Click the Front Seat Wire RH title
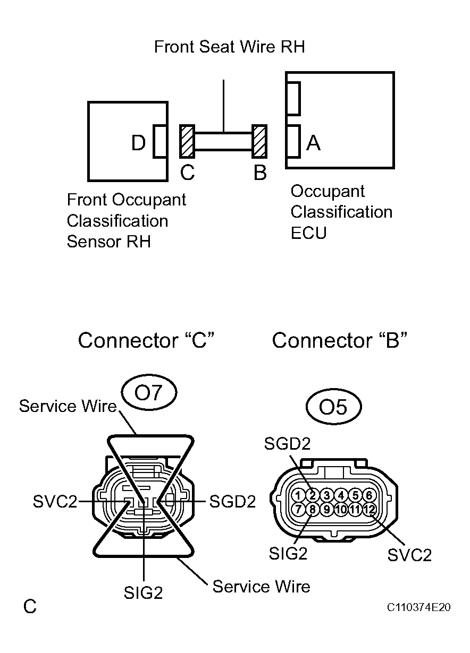tap(229, 47)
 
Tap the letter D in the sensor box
tap(138, 142)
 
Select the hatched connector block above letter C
tap(187, 141)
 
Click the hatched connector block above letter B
tap(259, 141)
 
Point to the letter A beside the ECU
tap(314, 142)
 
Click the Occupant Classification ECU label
tap(341, 212)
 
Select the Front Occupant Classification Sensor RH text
tap(126, 220)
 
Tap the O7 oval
tap(148, 393)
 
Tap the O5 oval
tap(333, 407)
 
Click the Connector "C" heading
tap(146, 340)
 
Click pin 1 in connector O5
tap(299, 495)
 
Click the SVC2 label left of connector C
tap(55, 501)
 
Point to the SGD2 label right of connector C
tap(233, 501)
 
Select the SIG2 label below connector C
tap(143, 593)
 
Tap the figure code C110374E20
tap(418, 607)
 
